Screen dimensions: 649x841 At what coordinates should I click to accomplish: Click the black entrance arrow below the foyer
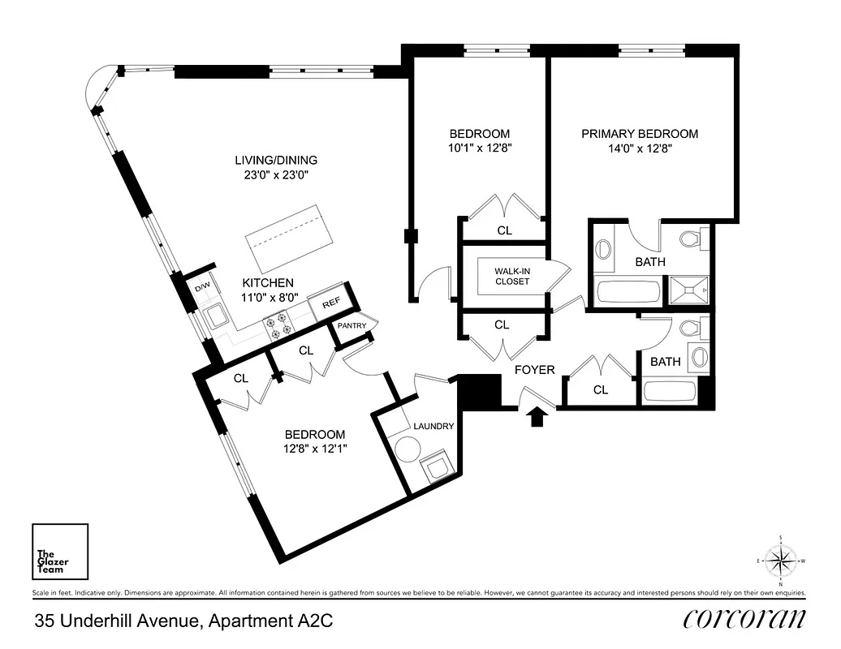[536, 417]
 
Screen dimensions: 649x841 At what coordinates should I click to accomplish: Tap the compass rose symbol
[780, 561]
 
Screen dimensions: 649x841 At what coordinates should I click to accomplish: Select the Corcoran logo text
[744, 619]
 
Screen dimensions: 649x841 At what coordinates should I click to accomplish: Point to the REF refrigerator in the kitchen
[330, 302]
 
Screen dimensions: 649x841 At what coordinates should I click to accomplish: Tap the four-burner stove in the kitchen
[279, 326]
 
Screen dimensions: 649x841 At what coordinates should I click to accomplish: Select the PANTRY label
[353, 326]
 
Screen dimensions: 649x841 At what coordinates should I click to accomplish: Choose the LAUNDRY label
[433, 426]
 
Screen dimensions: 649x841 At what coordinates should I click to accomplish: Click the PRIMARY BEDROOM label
[639, 134]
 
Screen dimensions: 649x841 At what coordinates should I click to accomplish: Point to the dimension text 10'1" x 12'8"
[480, 148]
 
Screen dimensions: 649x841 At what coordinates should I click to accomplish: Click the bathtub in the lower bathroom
[671, 392]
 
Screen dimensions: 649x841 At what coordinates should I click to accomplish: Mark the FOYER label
[535, 370]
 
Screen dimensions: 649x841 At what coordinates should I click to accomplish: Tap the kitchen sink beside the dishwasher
[216, 315]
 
